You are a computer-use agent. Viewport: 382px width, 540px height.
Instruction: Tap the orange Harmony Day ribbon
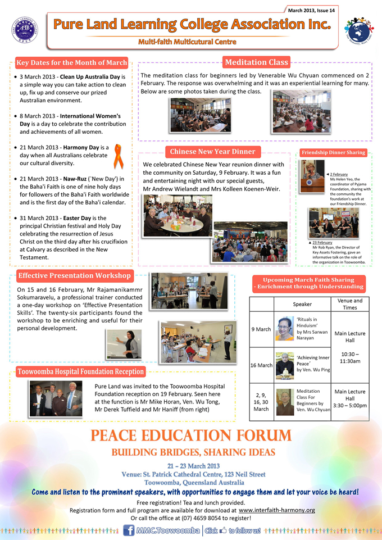pos(119,156)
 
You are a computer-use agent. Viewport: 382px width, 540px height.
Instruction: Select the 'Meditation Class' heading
pos(256,62)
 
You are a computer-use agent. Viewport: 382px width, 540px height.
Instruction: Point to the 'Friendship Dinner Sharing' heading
pos(333,152)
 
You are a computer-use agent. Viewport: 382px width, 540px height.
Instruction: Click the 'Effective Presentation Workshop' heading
pos(74,275)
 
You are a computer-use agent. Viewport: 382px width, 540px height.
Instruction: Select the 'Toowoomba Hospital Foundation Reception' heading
pos(80,371)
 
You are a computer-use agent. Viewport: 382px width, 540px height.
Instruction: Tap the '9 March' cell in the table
pos(261,329)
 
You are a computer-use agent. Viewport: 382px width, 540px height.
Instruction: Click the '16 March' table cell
pos(261,365)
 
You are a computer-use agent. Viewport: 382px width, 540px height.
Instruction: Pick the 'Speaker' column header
pos(302,304)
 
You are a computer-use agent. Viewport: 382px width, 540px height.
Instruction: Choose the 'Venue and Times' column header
pos(349,304)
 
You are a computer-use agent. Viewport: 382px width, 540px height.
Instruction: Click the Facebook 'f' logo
pos(129,530)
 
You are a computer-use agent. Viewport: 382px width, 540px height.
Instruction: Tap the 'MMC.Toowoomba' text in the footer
pos(168,530)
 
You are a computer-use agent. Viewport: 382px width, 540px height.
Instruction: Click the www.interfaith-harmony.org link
pos(276,510)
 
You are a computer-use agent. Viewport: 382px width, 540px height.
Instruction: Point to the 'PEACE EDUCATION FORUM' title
pos(191,435)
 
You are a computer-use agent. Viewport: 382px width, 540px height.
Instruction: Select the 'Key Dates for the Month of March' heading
pos(71,62)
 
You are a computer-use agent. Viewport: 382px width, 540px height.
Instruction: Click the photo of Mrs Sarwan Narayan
pos(285,329)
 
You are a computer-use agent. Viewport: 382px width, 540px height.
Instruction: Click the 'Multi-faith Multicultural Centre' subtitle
pos(188,42)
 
